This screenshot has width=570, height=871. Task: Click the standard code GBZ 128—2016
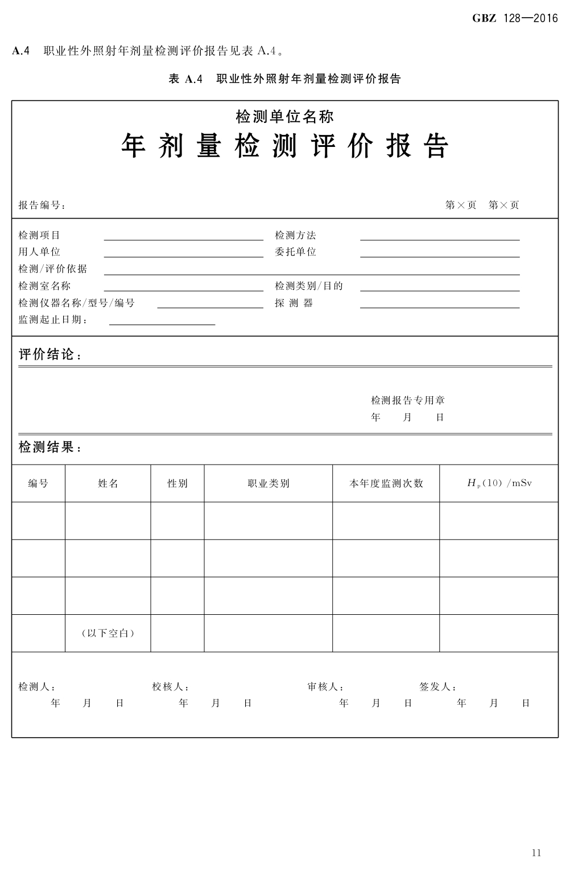515,19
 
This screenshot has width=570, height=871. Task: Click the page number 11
536,852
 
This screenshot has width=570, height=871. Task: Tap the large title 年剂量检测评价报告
285,146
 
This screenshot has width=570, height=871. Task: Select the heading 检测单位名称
285,117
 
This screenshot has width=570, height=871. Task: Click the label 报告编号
42,206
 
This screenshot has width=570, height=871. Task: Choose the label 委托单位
295,252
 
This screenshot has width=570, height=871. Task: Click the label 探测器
294,303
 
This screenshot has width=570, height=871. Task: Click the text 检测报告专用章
408,400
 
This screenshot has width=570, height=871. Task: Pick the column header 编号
38,483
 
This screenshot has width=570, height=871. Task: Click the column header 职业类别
268,483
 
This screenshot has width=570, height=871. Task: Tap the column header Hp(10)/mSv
499,483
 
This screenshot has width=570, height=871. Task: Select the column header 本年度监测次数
386,483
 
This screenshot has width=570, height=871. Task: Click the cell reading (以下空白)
108,633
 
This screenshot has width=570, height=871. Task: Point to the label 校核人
170,687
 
